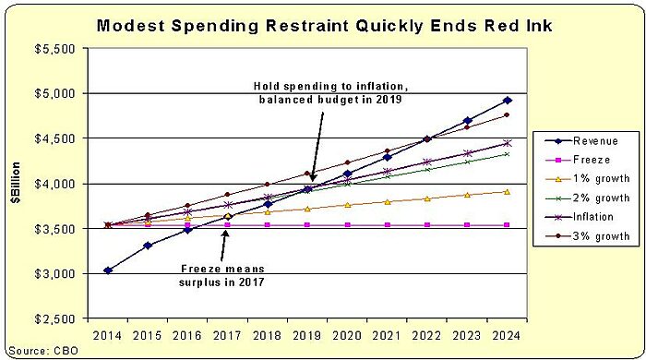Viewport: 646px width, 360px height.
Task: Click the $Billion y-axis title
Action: point(16,184)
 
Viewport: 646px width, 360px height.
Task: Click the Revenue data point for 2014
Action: point(108,270)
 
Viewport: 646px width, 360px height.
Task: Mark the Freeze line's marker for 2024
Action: point(507,224)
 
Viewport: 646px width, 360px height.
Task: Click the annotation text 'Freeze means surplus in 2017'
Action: point(223,276)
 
